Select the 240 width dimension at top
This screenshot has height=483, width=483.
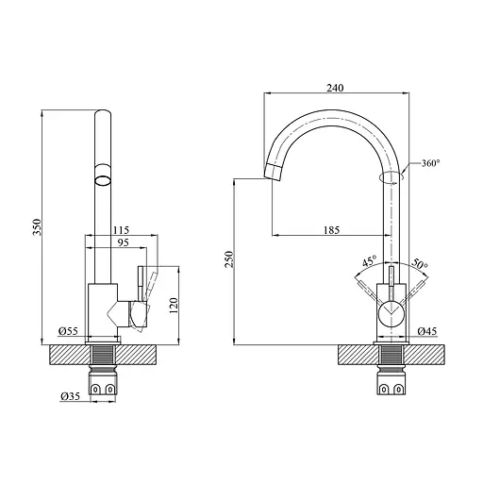click(x=334, y=87)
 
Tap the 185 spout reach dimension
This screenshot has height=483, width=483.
click(x=331, y=229)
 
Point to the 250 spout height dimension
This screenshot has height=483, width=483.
click(x=228, y=259)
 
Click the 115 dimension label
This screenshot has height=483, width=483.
click(x=121, y=229)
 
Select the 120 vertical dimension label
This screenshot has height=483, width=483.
click(x=173, y=304)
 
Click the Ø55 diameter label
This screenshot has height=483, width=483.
click(x=67, y=331)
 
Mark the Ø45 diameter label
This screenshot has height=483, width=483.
click(x=428, y=331)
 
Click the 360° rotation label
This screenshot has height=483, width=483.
click(x=431, y=163)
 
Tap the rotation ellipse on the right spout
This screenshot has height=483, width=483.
click(x=389, y=175)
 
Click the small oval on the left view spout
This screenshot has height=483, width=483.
click(x=102, y=177)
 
